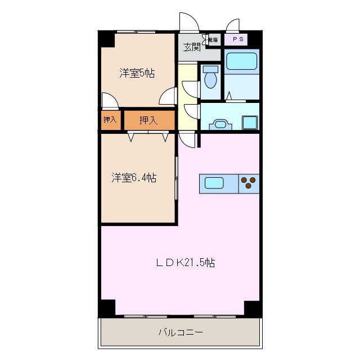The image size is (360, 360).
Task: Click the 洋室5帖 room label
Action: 137,73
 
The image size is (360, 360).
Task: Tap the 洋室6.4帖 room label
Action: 133,178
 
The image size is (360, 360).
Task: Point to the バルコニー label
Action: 180,332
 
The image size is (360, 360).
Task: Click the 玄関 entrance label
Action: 192,47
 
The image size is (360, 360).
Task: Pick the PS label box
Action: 235,40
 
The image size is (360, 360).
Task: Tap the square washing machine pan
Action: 250,122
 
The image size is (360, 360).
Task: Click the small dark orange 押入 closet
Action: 110,120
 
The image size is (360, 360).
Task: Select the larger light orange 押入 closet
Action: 148,120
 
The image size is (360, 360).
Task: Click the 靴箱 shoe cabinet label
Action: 213,40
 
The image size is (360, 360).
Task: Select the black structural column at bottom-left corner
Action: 107,309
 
